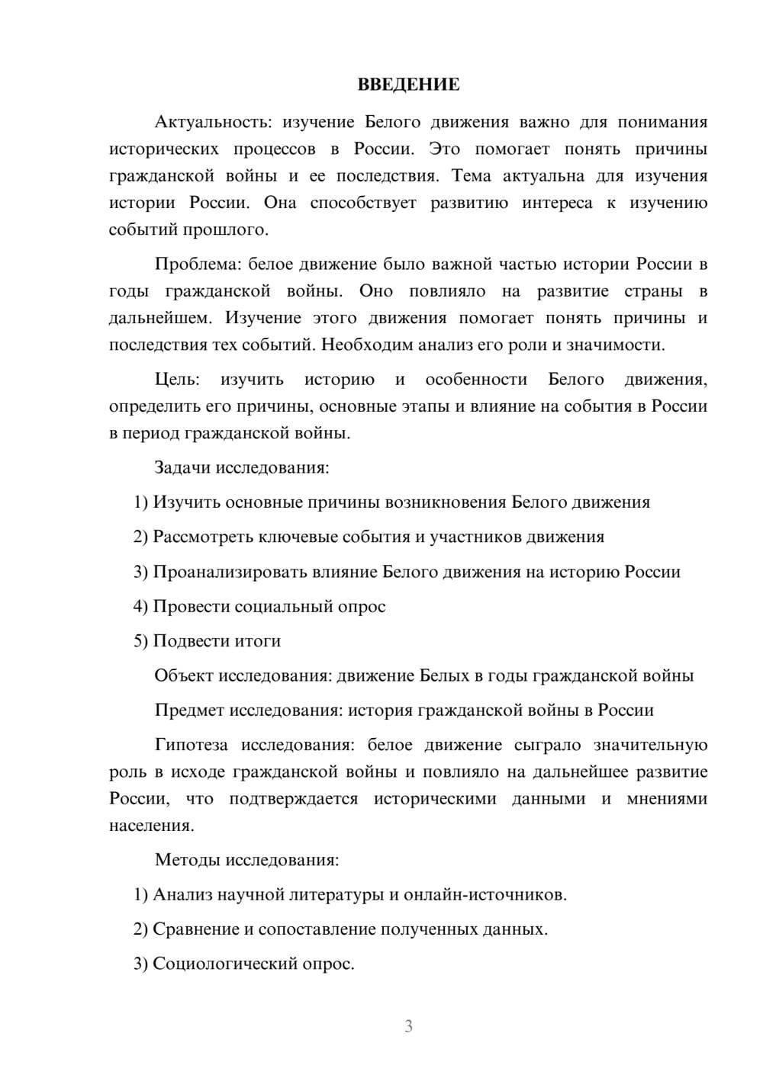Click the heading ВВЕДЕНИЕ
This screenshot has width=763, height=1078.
(408, 85)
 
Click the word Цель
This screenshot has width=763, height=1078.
(176, 380)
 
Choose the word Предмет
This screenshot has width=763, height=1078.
(189, 711)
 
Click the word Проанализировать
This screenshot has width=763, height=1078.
(230, 572)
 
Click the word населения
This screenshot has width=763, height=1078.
(151, 826)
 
